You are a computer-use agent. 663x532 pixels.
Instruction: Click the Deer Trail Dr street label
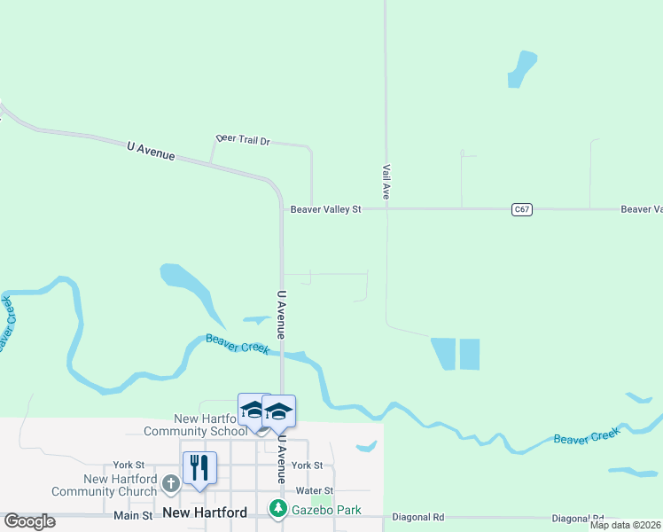click(x=243, y=140)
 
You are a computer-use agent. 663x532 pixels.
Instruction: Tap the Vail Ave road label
click(x=386, y=180)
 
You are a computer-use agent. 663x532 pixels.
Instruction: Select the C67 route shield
click(x=522, y=209)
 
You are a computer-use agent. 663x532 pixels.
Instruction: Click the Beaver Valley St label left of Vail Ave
click(x=326, y=209)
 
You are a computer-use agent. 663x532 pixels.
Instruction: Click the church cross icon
click(x=171, y=484)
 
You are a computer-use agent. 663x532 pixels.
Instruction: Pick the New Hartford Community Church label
click(x=104, y=485)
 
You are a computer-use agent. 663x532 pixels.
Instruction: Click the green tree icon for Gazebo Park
click(x=277, y=508)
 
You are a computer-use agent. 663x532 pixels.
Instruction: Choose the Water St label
click(x=315, y=490)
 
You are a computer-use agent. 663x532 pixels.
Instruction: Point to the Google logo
click(x=29, y=521)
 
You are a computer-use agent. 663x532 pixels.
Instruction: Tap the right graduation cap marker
click(x=278, y=411)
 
